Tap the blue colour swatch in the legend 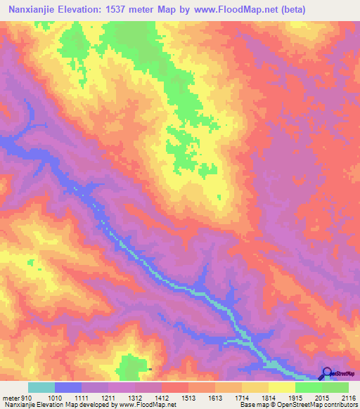[67, 387]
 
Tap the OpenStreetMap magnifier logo [327, 373]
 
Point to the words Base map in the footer [250, 405]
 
